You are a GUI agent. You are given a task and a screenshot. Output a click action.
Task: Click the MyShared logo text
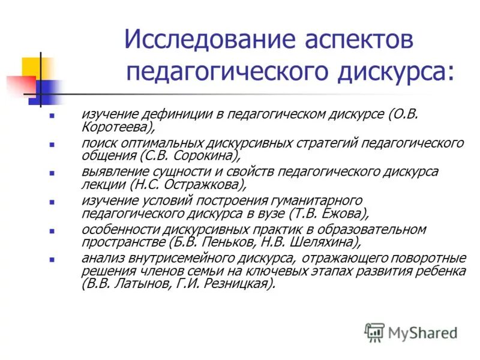[422, 332]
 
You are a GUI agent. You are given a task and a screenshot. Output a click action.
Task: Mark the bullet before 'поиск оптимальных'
[52, 145]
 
